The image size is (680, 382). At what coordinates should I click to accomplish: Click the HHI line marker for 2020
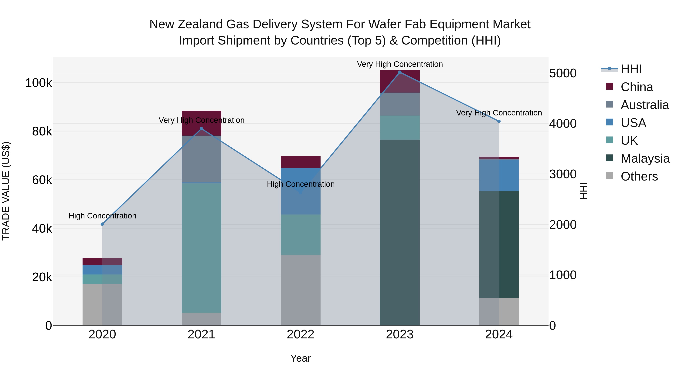102,224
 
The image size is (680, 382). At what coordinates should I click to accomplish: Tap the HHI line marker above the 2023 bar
400,72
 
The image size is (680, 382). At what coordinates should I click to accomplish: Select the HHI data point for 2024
499,121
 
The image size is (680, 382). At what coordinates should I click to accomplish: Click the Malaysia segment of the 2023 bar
400,232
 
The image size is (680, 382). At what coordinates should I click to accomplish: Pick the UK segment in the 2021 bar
201,248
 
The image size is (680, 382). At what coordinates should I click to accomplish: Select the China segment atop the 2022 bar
301,162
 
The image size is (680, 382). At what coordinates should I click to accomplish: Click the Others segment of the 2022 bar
301,290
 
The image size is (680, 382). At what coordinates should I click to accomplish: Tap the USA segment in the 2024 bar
499,175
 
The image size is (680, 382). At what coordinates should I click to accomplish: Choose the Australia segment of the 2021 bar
201,159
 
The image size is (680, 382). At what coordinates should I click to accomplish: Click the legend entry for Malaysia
645,158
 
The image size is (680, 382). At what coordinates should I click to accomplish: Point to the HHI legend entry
631,69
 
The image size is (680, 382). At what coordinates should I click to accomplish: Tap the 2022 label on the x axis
301,334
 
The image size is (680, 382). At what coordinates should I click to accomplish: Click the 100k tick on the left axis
39,83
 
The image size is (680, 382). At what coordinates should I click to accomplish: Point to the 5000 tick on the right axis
563,73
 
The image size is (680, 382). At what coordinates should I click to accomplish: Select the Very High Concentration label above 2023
400,64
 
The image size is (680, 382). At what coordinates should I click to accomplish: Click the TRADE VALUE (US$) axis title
6,191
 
